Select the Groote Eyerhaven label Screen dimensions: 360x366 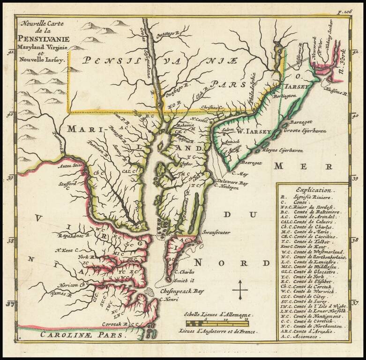[303, 131]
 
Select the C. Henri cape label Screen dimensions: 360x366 [167, 300]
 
